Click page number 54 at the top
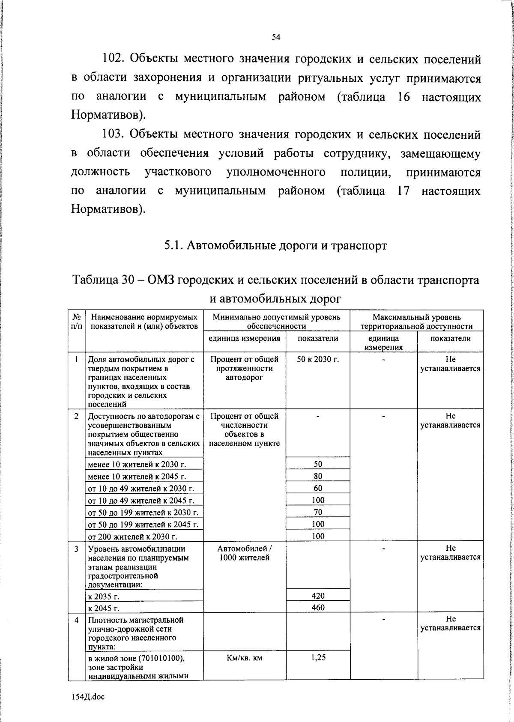tap(276, 37)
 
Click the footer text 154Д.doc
tap(88, 697)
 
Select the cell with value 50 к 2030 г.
tap(318, 359)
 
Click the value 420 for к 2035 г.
tap(318, 596)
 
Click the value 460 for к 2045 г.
tap(318, 607)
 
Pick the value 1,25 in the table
tap(318, 657)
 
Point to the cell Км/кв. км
tap(244, 657)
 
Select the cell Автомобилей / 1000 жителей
tap(244, 553)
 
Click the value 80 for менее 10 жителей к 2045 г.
tap(318, 476)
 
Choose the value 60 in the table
tap(318, 488)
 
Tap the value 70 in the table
tap(318, 512)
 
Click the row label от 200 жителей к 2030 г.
tap(132, 537)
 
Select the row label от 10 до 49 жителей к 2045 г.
tap(140, 501)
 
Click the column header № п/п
tap(77, 322)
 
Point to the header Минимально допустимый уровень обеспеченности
tap(276, 322)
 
